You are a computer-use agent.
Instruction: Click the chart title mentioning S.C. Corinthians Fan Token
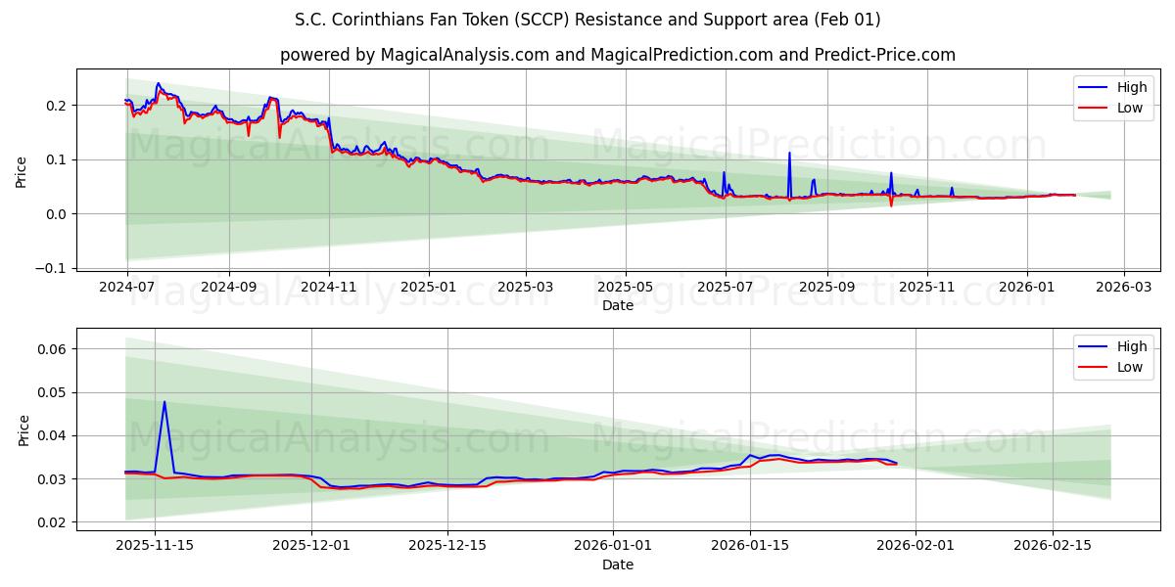[x=587, y=20]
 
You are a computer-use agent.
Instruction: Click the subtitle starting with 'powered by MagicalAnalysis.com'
[x=617, y=55]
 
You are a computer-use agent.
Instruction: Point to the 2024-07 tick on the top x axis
[x=127, y=288]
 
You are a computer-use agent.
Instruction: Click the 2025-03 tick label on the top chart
[x=526, y=288]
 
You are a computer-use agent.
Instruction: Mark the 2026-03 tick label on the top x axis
[x=1123, y=288]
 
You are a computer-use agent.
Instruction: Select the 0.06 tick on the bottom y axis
[x=52, y=349]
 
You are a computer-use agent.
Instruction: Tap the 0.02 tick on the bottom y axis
[x=52, y=522]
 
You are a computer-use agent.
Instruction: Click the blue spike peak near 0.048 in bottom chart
[x=164, y=401]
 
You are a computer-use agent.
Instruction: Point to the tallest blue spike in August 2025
[x=789, y=153]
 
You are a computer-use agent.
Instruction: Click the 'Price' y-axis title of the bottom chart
[x=24, y=429]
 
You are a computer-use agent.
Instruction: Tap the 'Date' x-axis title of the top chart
[x=617, y=305]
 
